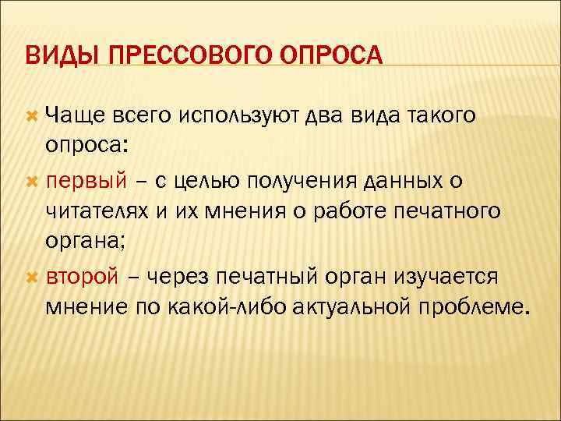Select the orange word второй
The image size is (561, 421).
[x=82, y=277]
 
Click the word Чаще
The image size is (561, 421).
[x=76, y=116]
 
